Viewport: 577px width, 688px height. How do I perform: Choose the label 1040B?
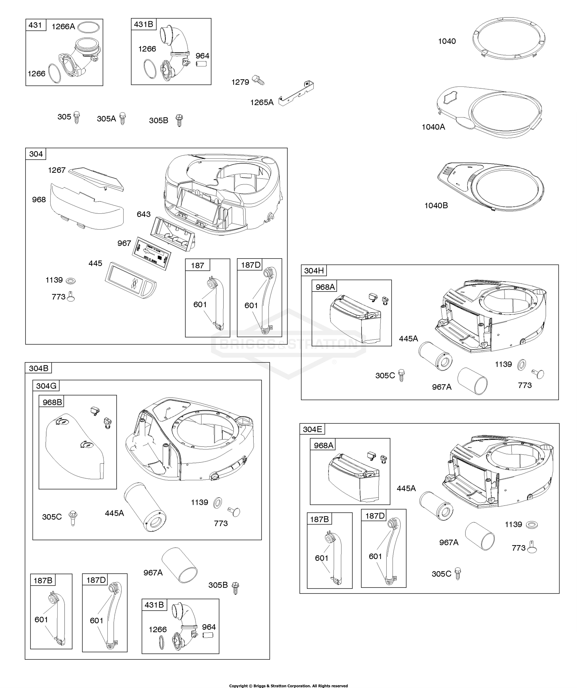[x=436, y=205]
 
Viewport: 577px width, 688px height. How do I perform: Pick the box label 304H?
[x=314, y=271]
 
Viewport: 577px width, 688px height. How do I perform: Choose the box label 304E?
[x=312, y=429]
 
